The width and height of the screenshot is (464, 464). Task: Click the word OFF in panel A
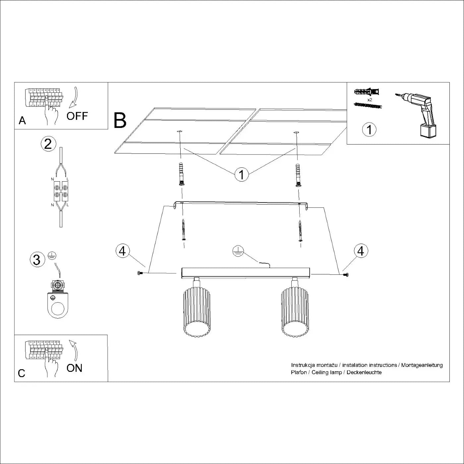[x=77, y=116]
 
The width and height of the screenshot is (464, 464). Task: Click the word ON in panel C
[x=74, y=368]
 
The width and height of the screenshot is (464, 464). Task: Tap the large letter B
[x=120, y=121]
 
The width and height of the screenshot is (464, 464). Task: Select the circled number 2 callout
[x=48, y=144]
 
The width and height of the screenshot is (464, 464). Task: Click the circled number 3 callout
[x=37, y=259]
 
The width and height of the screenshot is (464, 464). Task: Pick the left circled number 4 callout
[x=123, y=251]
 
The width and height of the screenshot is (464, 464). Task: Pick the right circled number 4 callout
[x=361, y=251]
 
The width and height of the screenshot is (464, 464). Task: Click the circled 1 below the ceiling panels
[x=241, y=174]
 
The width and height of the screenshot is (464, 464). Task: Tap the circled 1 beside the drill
[x=369, y=129]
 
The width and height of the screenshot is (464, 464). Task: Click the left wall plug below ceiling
[x=181, y=175]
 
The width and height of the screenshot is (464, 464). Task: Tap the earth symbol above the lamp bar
[x=238, y=251]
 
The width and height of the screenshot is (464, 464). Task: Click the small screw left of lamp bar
[x=139, y=273]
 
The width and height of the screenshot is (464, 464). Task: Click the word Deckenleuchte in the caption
[x=364, y=372]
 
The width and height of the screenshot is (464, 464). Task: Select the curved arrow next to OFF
[x=75, y=97]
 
